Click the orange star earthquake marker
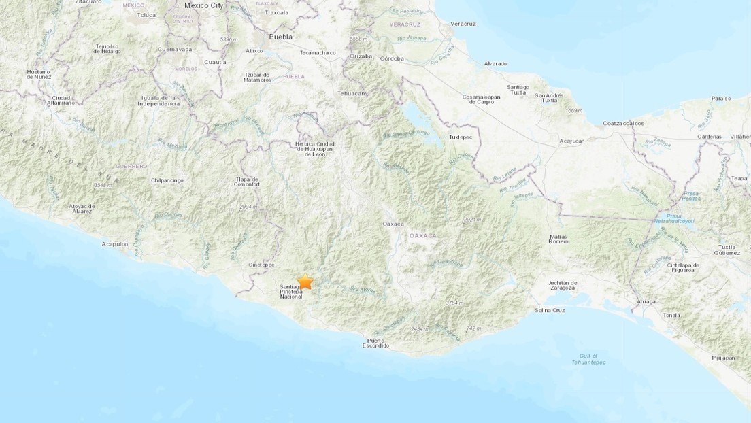(305, 281)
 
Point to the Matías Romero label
(558, 239)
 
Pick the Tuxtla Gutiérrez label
(724, 249)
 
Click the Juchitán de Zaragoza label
(563, 285)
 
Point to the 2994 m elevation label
(248, 207)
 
